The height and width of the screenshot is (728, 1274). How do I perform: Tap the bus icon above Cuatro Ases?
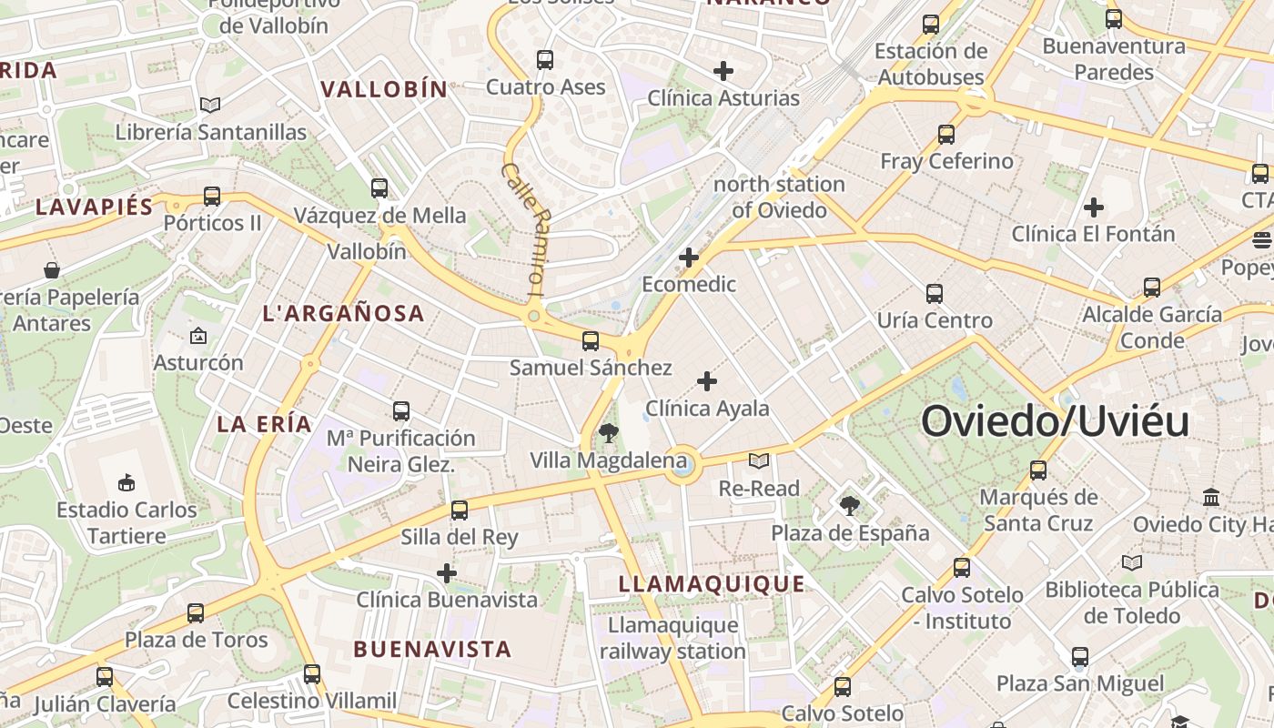coord(545,60)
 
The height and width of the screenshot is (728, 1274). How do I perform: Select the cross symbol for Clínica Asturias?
coord(723,71)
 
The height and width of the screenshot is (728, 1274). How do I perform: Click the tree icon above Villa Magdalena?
coord(609,433)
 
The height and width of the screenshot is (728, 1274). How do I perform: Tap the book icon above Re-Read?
coord(758,461)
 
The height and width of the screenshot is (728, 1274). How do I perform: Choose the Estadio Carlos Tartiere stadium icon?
coord(126,482)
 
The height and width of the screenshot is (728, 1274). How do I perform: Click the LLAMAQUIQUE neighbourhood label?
coord(712,583)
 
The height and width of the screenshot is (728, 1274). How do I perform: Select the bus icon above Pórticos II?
coord(212,196)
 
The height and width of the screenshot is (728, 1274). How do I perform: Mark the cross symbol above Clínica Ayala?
coord(707,381)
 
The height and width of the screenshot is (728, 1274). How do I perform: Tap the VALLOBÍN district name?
coord(384,89)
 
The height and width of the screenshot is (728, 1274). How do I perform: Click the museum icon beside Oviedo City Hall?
coord(1211,497)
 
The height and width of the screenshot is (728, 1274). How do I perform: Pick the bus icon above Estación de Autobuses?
coord(931,25)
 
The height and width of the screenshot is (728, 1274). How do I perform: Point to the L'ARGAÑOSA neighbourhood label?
coord(343,313)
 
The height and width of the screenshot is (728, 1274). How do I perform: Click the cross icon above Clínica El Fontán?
coord(1094,207)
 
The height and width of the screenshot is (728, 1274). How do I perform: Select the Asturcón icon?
coord(198,336)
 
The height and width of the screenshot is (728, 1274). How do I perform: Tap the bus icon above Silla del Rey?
coord(460,510)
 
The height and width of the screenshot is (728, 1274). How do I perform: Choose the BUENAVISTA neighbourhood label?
coord(432,649)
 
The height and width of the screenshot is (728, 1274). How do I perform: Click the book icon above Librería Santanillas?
coord(210,105)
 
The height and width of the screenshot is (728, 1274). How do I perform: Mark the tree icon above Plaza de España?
coord(850,505)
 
